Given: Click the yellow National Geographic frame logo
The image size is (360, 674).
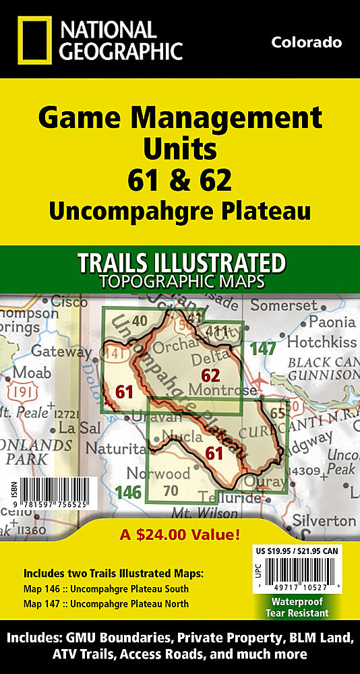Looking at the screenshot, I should click(x=31, y=41).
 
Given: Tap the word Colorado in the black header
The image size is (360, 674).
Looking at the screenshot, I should click(x=306, y=42).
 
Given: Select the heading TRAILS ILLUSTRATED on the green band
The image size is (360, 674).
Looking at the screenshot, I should click(x=180, y=262).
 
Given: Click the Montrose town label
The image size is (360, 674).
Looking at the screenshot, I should click(x=231, y=391).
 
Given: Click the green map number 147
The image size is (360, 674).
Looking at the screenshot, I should click(x=262, y=349).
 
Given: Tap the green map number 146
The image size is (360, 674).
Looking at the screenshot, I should click(x=127, y=493).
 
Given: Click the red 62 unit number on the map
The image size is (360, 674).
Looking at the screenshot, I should click(x=211, y=375).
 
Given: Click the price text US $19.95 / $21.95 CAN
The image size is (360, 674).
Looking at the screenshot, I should click(x=297, y=551).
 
